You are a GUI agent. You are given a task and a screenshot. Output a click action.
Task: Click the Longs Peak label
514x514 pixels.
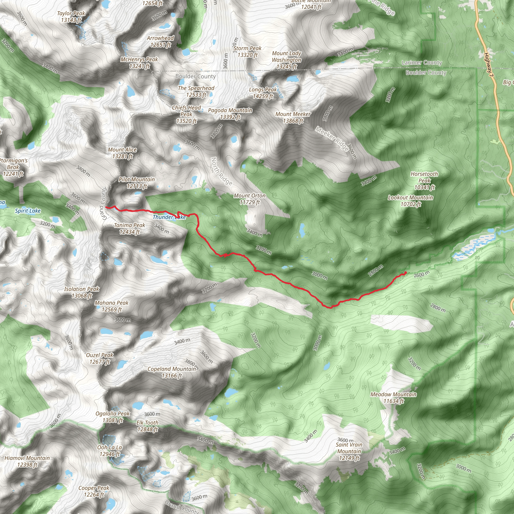coord(263,93)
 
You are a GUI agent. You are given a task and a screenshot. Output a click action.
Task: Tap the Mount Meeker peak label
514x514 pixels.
coord(293,117)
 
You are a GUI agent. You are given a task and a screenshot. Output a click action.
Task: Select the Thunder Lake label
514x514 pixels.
coord(169,217)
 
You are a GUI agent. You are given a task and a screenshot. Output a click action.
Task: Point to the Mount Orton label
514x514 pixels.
coord(249,199)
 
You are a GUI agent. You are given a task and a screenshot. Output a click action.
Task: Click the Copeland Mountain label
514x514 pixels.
coord(172,372)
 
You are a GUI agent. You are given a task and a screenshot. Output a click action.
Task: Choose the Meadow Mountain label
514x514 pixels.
coord(394,398)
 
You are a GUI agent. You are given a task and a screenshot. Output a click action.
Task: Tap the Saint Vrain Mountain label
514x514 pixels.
coord(349,451)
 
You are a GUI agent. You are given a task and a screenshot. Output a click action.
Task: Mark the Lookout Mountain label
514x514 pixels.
coord(411,201)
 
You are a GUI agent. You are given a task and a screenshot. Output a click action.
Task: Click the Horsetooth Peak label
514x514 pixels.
coord(424,180)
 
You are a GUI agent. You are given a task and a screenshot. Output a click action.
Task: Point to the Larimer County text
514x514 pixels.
coord(422,63)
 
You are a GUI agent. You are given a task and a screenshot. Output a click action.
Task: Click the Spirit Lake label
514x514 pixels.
coord(28,211)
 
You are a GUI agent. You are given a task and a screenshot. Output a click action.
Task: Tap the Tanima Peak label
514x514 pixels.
coord(130,229)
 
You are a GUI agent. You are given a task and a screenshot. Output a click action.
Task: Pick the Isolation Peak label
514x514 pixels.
coord(82,292)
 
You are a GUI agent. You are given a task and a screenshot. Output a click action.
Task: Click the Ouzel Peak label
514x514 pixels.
coord(100,358)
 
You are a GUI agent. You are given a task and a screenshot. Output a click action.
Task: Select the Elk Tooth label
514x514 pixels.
coord(147,426)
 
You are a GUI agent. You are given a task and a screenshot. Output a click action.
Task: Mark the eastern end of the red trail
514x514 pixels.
coord(406,272)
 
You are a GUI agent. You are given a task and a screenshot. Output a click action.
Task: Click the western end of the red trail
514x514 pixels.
coord(106,207)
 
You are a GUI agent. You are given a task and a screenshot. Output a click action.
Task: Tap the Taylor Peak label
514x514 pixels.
coord(71,17)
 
